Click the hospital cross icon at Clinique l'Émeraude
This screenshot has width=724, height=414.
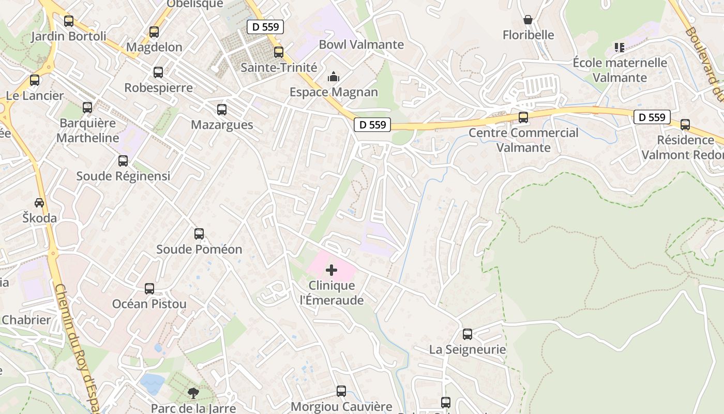click(331, 270)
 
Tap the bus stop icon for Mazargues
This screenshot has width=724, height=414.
click(222, 110)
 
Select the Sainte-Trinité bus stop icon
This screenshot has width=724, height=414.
click(279, 52)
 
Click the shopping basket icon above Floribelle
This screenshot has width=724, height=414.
click(528, 20)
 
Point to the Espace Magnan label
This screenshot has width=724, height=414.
click(334, 92)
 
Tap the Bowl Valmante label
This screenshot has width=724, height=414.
click(361, 45)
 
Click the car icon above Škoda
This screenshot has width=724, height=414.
click(39, 202)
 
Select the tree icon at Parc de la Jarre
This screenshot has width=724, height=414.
click(193, 393)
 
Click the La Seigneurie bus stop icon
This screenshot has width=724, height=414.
click(467, 334)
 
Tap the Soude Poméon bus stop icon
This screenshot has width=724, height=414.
click(199, 234)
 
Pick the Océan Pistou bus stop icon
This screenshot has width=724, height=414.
click(149, 289)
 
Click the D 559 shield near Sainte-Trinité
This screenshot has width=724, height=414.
click(266, 27)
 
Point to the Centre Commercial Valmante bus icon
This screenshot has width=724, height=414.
click(523, 117)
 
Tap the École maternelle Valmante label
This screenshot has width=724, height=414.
click(620, 70)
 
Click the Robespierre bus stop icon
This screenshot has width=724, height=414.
click(158, 72)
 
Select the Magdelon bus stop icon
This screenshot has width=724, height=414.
click(154, 32)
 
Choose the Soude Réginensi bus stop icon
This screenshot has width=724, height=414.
click(123, 161)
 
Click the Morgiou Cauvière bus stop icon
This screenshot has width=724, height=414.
click(341, 391)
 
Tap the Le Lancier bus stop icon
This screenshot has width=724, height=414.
click(35, 81)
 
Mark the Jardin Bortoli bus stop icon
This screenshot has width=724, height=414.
click(69, 21)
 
